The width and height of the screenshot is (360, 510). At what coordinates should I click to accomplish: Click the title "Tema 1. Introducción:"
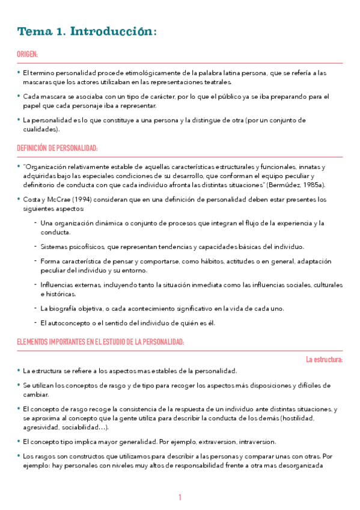[x=87, y=31]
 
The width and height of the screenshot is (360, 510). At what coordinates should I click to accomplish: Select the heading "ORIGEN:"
[x=27, y=54]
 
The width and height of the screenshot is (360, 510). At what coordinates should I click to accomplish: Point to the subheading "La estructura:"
[x=325, y=360]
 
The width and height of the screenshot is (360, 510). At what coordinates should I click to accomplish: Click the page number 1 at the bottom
[x=180, y=497]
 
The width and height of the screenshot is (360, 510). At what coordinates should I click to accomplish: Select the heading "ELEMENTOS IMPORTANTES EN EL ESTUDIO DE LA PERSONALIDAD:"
[x=100, y=342]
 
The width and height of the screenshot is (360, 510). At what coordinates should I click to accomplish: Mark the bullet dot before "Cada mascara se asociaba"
[x=18, y=96]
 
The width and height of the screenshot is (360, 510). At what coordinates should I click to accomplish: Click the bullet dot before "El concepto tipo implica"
[x=18, y=441]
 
